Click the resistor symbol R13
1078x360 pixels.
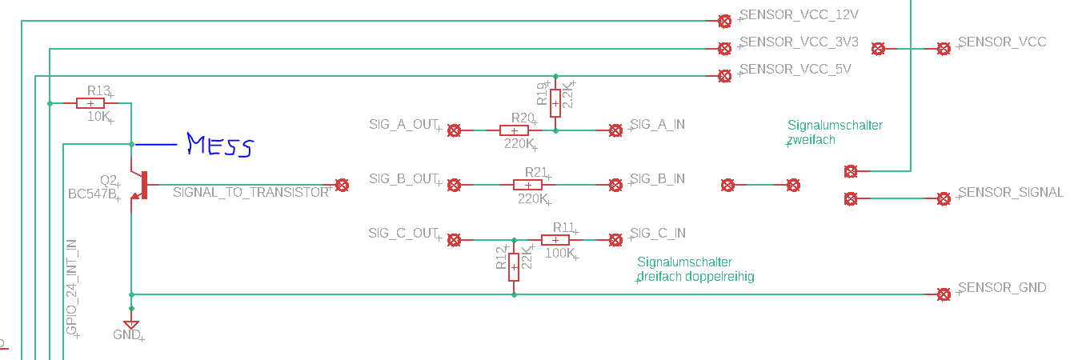click(90, 103)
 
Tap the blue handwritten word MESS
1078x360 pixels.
click(220, 145)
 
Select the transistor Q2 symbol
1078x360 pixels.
click(140, 186)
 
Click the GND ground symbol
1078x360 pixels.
click(131, 325)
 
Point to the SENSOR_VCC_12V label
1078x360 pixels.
click(799, 15)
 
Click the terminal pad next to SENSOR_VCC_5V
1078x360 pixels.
click(725, 76)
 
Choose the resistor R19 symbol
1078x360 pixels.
click(555, 103)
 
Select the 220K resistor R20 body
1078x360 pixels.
click(514, 130)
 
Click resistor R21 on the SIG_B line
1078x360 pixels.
click(528, 185)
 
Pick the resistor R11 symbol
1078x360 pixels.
click(555, 240)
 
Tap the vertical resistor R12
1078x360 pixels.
click(514, 267)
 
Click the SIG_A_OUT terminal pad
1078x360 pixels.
click(454, 130)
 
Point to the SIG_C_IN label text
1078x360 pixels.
click(657, 234)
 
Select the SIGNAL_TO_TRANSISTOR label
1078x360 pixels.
click(250, 193)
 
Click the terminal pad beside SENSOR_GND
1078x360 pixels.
click(944, 294)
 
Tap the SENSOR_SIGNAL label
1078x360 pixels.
click(1010, 193)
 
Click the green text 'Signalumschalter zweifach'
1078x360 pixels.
click(835, 132)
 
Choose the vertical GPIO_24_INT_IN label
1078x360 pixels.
click(71, 287)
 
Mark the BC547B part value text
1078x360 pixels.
click(92, 194)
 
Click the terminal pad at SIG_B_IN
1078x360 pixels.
click(615, 185)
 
